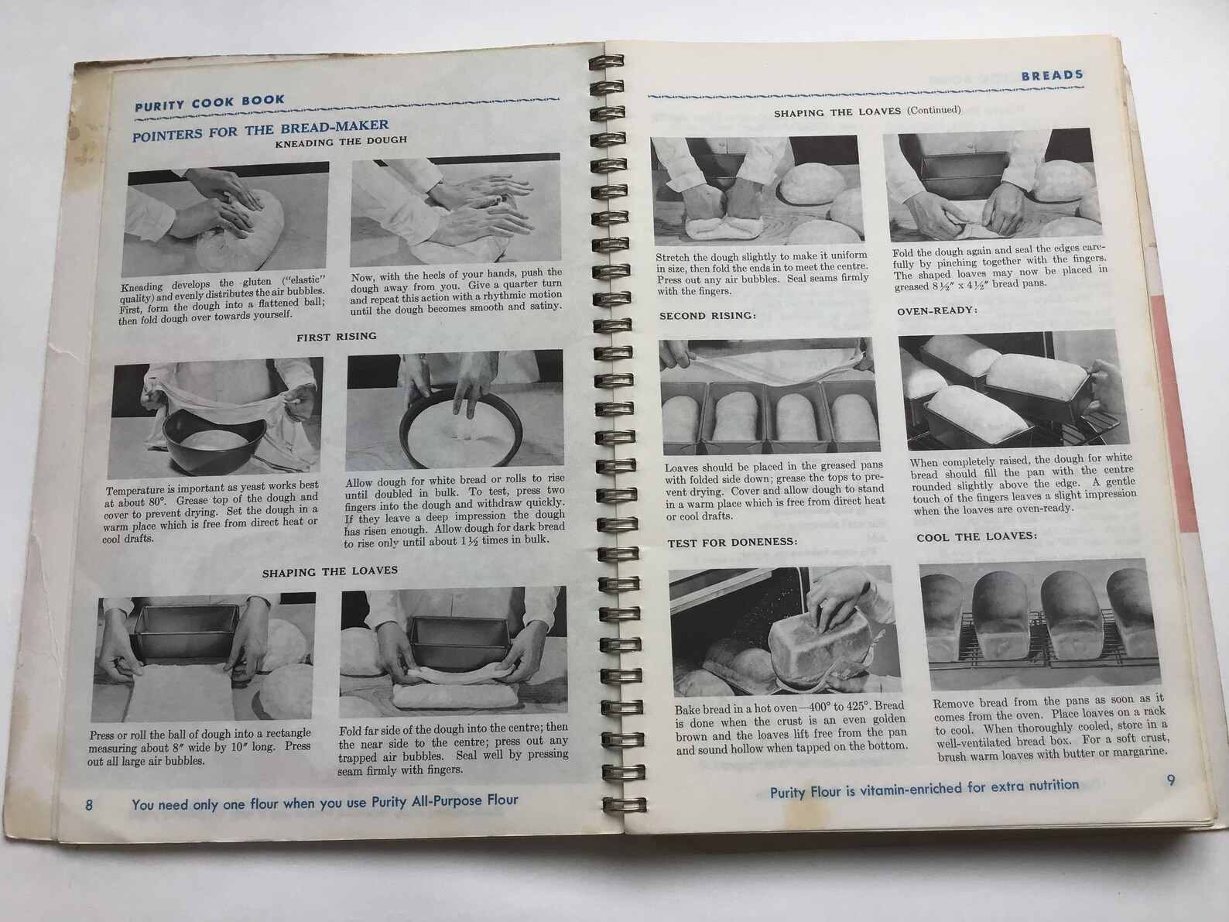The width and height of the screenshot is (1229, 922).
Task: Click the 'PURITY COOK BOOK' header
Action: [210, 101]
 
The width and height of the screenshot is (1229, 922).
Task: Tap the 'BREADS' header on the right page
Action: [1052, 75]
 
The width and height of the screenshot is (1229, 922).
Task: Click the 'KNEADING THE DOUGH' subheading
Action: [341, 142]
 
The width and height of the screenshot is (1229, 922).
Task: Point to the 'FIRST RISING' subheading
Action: [337, 337]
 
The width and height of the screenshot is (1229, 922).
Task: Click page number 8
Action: [90, 805]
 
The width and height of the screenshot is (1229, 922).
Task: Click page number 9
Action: [1170, 781]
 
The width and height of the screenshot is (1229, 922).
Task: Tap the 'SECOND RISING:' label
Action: [707, 316]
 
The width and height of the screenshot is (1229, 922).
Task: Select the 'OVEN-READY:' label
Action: [937, 311]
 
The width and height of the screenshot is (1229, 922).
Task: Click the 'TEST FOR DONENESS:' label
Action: [732, 542]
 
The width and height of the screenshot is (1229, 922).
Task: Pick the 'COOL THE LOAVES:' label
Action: [977, 536]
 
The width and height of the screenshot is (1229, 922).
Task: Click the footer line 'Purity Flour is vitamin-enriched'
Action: [924, 787]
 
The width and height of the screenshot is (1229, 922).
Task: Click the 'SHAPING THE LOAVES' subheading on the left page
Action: [330, 571]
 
